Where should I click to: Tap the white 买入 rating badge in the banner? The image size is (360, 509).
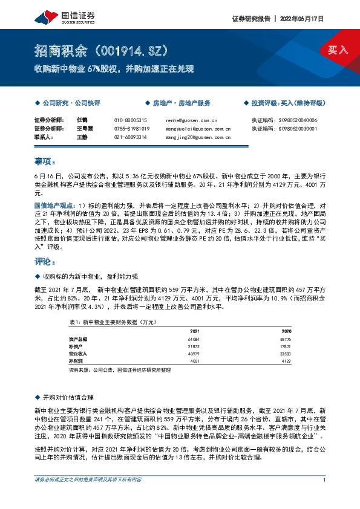pyautogui.click(x=338, y=50)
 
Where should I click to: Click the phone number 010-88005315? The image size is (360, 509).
pyautogui.click(x=131, y=121)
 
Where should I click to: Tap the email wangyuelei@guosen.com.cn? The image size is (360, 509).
pyautogui.click(x=197, y=129)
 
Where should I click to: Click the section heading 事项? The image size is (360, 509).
pyautogui.click(x=45, y=162)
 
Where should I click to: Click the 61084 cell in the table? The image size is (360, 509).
pyautogui.click(x=194, y=340)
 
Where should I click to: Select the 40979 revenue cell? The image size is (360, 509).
pyautogui.click(x=194, y=354)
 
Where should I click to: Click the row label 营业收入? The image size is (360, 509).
pyautogui.click(x=78, y=354)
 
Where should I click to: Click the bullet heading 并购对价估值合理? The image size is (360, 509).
pyautogui.click(x=68, y=397)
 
